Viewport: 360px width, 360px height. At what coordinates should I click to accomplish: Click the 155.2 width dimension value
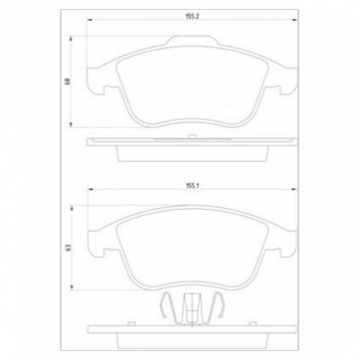click(191, 16)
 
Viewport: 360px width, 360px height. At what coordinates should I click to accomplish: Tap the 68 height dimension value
click(66, 81)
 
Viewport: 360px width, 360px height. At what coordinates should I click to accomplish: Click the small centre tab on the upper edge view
click(191, 135)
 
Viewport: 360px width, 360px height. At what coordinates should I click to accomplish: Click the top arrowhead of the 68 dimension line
click(72, 37)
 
